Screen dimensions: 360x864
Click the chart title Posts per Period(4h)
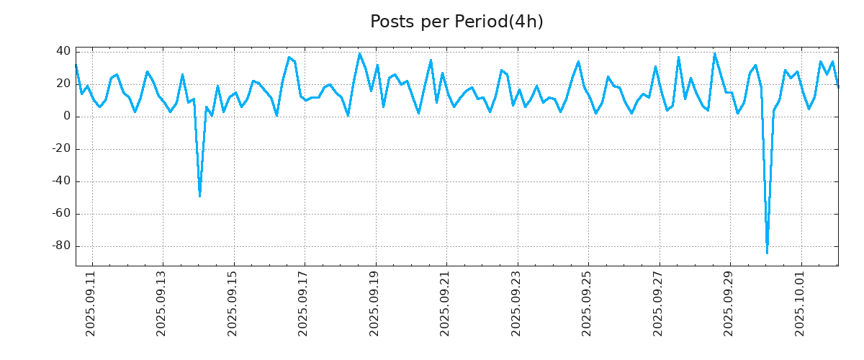click(456, 22)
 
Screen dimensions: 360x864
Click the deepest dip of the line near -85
click(767, 253)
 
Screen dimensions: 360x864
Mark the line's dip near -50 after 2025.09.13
click(199, 196)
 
